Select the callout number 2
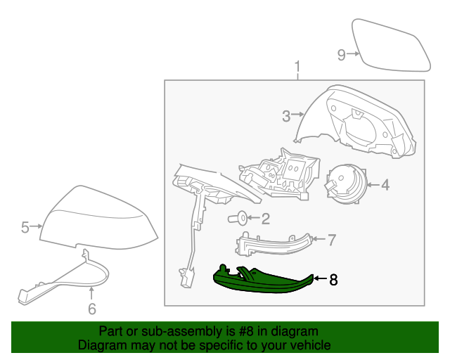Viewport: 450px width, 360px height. (x=265, y=219)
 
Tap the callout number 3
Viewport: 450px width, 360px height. (x=286, y=117)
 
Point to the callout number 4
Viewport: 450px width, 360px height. (x=385, y=186)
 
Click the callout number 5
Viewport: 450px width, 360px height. (x=25, y=226)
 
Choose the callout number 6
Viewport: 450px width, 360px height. (x=91, y=308)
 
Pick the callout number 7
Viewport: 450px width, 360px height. (x=332, y=240)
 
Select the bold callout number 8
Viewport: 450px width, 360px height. (x=333, y=280)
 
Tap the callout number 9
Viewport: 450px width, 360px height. (x=341, y=55)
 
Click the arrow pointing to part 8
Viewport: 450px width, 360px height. (x=318, y=279)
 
